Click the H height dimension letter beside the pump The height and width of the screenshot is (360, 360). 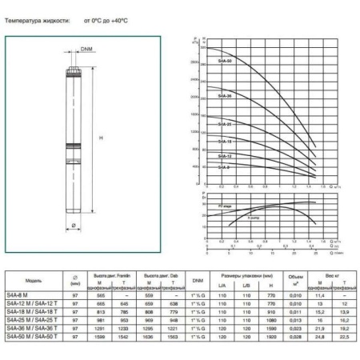[101, 138]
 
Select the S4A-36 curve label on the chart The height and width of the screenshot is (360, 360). [226, 96]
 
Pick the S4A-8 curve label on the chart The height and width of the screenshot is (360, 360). [225, 168]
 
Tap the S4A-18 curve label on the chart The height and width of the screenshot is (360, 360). [225, 141]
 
